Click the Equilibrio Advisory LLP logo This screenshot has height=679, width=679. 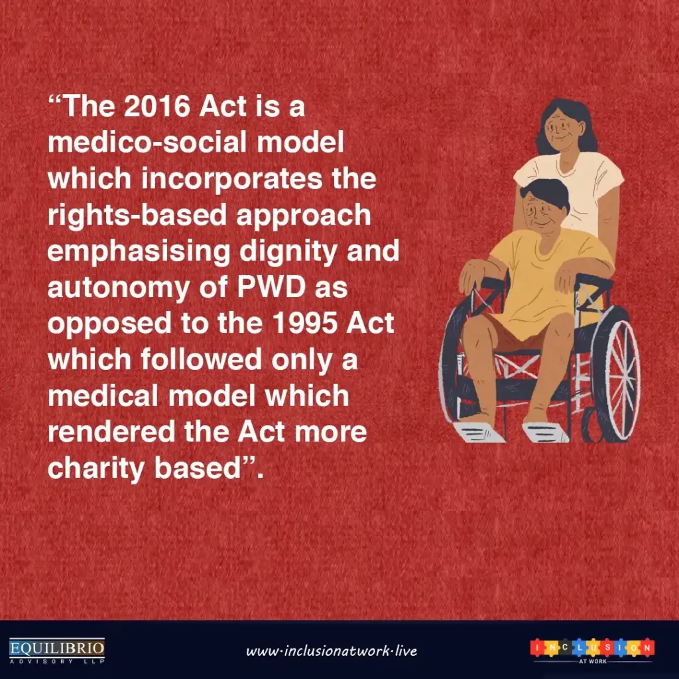(57, 649)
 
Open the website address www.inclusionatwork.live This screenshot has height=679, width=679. (332, 650)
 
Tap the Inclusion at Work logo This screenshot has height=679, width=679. (592, 649)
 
